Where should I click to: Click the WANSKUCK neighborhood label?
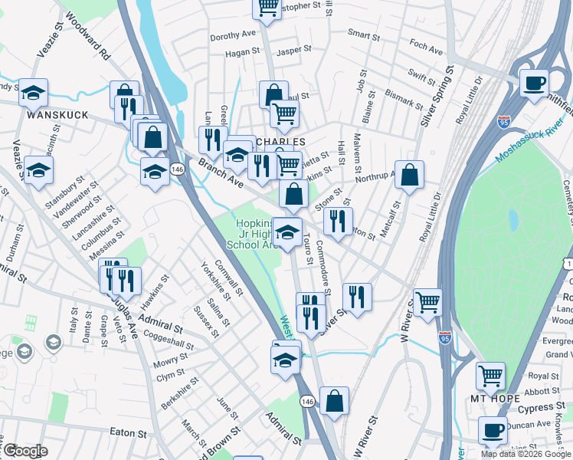click(x=57, y=115)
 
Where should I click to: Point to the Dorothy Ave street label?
click(x=233, y=35)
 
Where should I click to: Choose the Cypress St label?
click(x=545, y=408)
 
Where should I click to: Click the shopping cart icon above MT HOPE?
click(x=490, y=376)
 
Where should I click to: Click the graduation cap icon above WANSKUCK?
click(x=34, y=93)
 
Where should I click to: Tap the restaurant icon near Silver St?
click(x=357, y=297)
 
